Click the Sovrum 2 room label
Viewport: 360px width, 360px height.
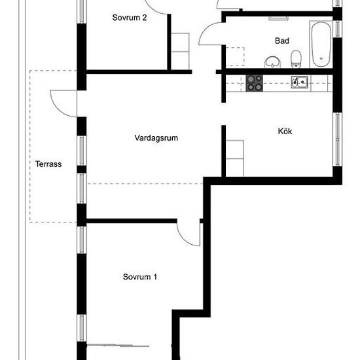[130, 18]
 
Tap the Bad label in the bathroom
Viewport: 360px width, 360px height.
[282, 41]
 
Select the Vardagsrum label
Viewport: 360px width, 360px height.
[156, 138]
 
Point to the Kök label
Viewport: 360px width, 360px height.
[285, 132]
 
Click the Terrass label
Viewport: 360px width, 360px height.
[48, 164]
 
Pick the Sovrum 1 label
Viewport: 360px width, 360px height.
[140, 277]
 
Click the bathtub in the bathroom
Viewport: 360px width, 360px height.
[321, 45]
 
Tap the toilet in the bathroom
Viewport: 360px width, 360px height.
[296, 59]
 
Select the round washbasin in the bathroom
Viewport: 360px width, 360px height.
[273, 62]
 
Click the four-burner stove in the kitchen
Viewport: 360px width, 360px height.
[255, 83]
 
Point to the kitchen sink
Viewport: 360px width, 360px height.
[300, 82]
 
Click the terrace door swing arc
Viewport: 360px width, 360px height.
[58, 108]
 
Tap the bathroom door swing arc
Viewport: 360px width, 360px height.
[206, 30]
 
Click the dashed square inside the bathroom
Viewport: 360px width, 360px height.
[235, 57]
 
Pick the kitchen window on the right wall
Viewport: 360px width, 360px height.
[338, 139]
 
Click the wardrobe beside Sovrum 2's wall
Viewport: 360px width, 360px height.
[180, 52]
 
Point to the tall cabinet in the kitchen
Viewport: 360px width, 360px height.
[234, 158]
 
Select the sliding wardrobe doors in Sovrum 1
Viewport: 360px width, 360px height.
[118, 345]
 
